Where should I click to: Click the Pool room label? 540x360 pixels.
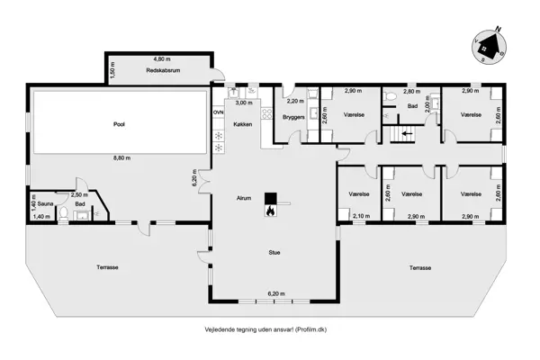pyautogui.click(x=119, y=124)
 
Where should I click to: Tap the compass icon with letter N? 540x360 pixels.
pyautogui.click(x=490, y=43)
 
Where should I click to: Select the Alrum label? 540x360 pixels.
pyautogui.click(x=243, y=196)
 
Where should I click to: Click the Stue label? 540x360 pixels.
pyautogui.click(x=274, y=253)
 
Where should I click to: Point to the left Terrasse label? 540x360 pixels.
pyautogui.click(x=109, y=267)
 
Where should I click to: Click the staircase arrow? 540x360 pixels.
pyautogui.click(x=405, y=132)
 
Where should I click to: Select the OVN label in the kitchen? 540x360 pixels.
pyautogui.click(x=218, y=112)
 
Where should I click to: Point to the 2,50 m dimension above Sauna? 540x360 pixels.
pyautogui.click(x=78, y=194)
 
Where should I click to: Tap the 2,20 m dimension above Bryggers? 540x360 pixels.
pyautogui.click(x=294, y=101)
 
